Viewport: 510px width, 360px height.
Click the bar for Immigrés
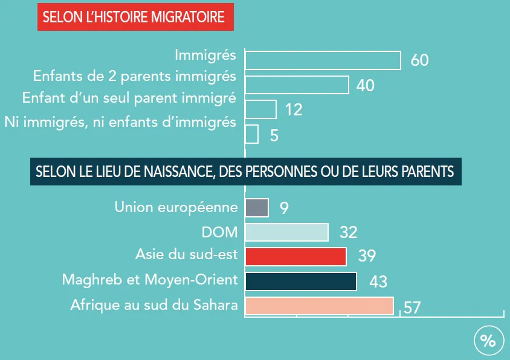pos(323,60)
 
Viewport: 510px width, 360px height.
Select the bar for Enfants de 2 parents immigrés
pos(297,85)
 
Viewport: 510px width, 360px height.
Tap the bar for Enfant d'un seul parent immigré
pos(260,109)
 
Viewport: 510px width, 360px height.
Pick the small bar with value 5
pos(251,134)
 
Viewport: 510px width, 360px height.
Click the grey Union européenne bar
pos(256,208)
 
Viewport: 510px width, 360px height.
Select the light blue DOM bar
pos(286,233)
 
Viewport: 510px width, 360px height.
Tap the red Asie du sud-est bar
pos(295,257)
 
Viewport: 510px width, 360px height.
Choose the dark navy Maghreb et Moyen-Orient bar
pos(300,281)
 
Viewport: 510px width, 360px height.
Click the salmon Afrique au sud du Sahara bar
pos(319,306)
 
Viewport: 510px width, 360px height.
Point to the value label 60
pos(419,61)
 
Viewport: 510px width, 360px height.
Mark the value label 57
pos(412,307)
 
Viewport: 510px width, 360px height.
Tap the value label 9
pos(284,208)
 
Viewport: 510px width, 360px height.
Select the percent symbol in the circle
pos(488,341)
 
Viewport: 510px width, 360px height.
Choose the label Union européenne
pos(176,208)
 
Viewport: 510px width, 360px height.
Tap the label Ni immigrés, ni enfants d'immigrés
pos(120,122)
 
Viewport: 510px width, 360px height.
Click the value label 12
pos(294,110)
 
